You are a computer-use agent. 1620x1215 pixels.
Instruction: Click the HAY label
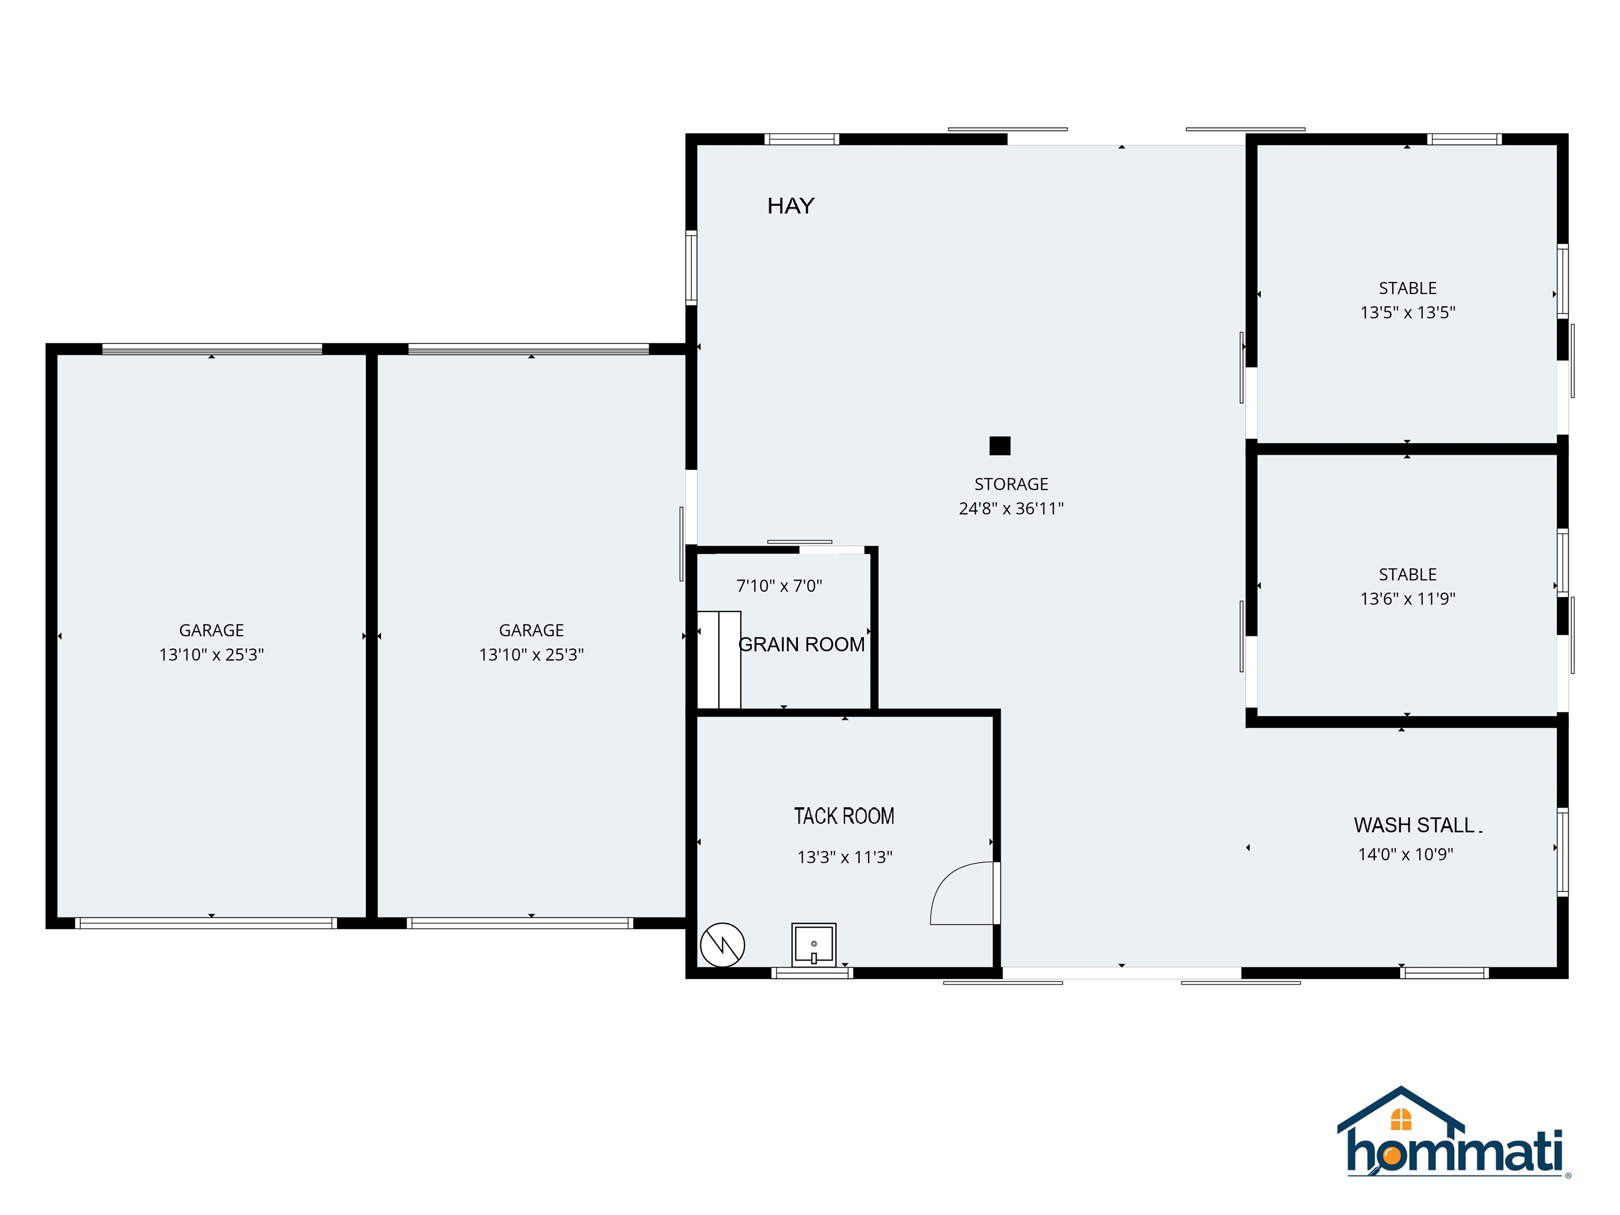(790, 206)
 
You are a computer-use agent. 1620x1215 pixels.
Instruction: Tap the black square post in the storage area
(1000, 445)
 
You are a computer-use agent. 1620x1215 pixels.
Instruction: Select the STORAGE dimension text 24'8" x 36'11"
(1011, 508)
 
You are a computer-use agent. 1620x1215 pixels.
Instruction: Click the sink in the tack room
(814, 945)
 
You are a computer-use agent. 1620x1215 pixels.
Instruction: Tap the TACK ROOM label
(844, 816)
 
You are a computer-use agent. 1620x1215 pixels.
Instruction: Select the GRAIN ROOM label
(802, 644)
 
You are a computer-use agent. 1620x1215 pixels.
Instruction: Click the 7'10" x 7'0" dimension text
(779, 586)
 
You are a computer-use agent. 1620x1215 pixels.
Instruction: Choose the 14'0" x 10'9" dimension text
(1405, 854)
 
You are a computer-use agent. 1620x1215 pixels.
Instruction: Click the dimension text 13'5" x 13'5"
(1407, 313)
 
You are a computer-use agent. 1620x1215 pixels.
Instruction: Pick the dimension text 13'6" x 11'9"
(1407, 599)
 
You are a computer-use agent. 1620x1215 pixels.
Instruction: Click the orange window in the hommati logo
(1401, 1119)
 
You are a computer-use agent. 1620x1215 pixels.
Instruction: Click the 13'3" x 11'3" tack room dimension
(844, 857)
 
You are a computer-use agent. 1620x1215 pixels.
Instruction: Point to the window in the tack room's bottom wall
(812, 972)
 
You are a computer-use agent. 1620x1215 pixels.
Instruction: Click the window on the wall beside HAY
(691, 267)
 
